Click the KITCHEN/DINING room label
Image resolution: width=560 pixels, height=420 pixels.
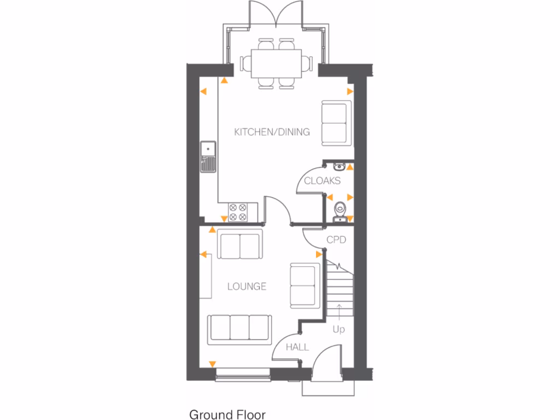click(272, 132)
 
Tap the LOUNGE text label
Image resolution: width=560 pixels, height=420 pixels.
click(247, 287)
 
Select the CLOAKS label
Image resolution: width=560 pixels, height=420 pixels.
click(322, 181)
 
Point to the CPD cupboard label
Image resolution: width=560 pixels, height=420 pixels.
click(336, 240)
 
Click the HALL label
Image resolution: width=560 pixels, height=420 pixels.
click(297, 347)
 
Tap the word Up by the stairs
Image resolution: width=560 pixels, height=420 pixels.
click(339, 330)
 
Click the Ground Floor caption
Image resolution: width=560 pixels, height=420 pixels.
click(227, 414)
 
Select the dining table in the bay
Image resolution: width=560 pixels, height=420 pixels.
click(276, 62)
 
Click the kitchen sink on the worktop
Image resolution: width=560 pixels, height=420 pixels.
click(208, 156)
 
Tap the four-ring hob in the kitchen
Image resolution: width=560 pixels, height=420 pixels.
click(238, 212)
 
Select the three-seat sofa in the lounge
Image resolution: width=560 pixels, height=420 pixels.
click(240, 330)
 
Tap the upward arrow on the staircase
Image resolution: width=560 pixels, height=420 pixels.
click(339, 311)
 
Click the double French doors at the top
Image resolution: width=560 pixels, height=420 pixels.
click(276, 15)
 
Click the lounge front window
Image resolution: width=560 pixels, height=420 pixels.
click(243, 375)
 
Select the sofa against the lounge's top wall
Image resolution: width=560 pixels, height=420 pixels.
click(240, 244)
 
